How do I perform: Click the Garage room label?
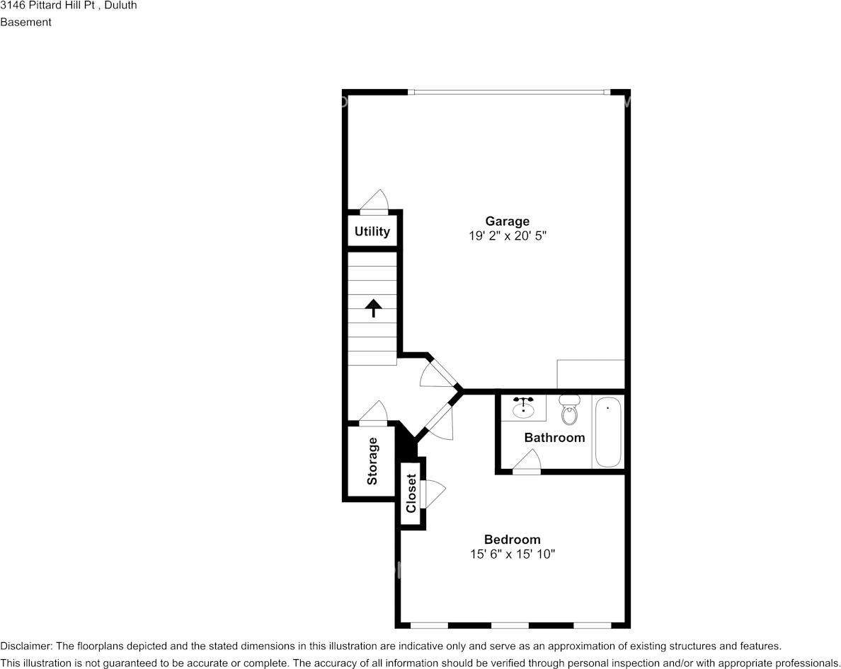pos(507,221)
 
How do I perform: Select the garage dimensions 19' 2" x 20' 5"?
pos(507,237)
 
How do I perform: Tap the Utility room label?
pos(372,231)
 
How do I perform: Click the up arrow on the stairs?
pos(372,308)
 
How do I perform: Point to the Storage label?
pos(372,461)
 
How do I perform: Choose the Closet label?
pos(411,494)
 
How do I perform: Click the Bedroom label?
pos(512,540)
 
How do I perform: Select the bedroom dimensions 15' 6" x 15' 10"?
pos(512,555)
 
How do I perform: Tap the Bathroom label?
pos(554,438)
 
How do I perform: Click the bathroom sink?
pos(523,407)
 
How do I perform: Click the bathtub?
pos(607,431)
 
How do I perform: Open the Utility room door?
pos(374,202)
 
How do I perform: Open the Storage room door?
pos(373,414)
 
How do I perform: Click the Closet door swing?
pos(432,493)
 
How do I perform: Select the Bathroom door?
pos(526,463)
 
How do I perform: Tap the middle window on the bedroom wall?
pos(510,625)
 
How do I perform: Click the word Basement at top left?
pos(25,22)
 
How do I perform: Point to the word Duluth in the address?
pos(120,6)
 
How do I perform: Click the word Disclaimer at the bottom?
pos(25,646)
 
